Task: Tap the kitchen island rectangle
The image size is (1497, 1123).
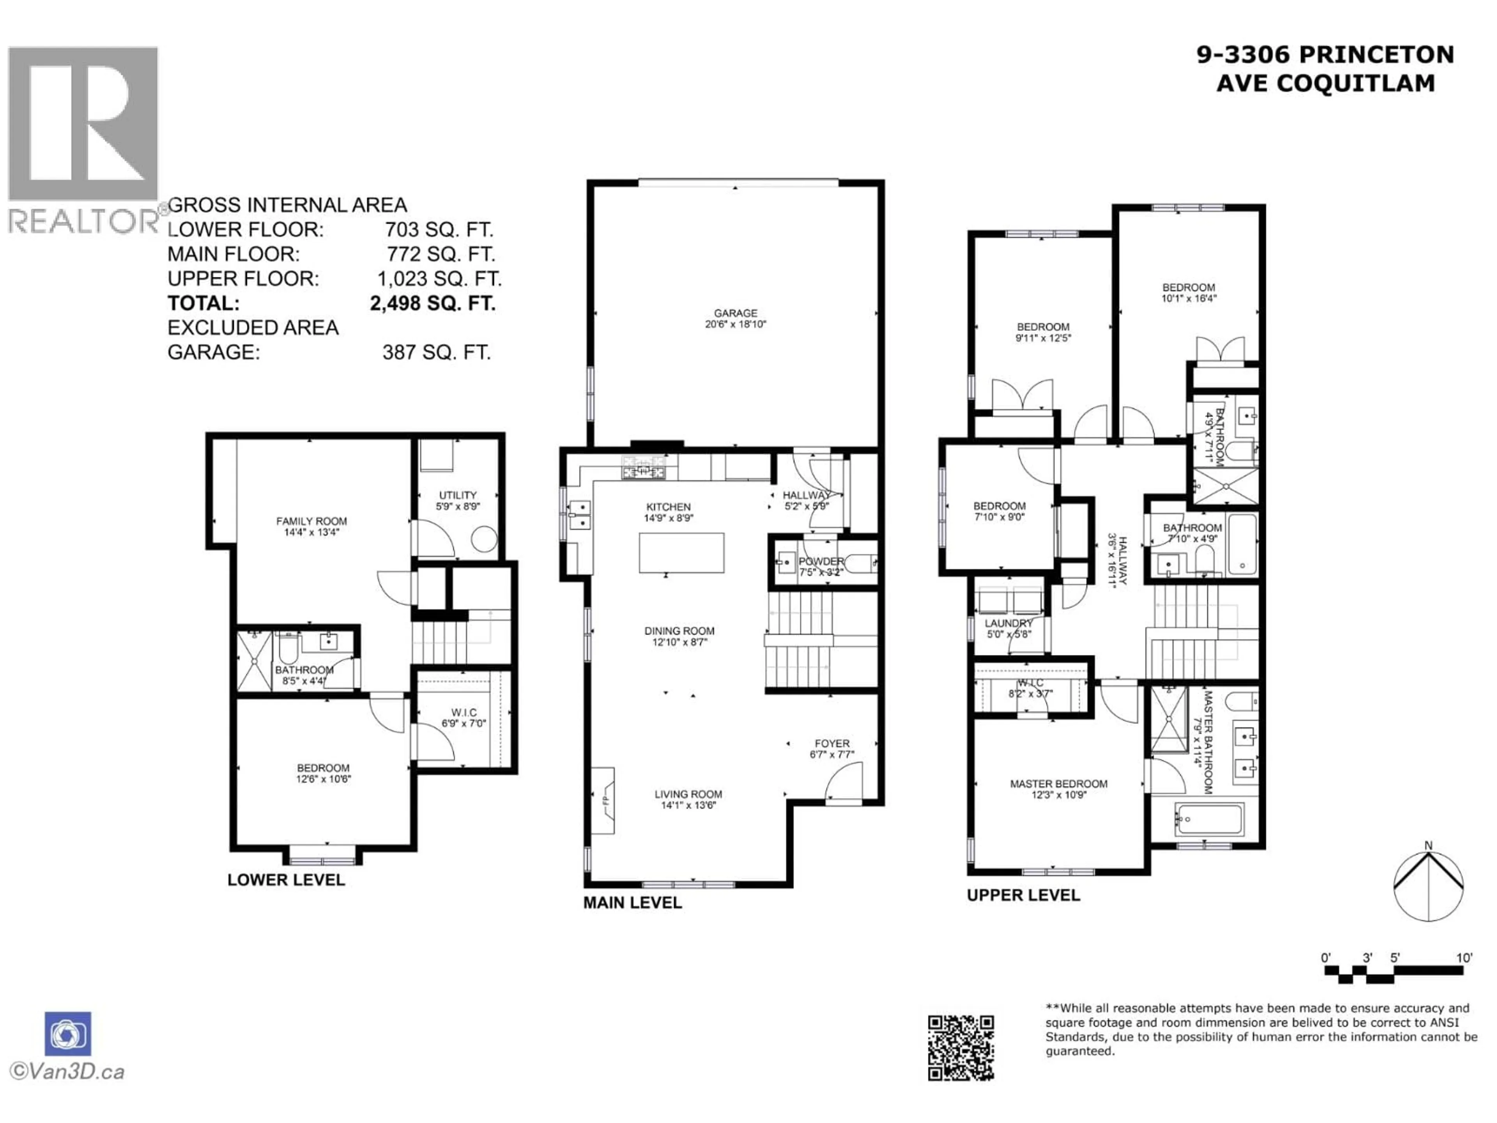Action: coord(681,553)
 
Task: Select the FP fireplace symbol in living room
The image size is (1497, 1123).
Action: coord(603,801)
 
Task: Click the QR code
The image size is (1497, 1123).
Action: coord(960,1047)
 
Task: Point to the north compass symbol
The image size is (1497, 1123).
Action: coord(1429,886)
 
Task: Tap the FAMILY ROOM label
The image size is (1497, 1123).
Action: coord(311,521)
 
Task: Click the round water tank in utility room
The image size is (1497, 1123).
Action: coord(485,540)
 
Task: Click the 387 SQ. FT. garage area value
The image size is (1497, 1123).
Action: coord(437,352)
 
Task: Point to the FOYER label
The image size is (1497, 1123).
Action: coord(832,743)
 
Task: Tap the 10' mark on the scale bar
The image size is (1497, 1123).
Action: coord(1464,958)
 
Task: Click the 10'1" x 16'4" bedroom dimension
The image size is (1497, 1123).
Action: coord(1189,298)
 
